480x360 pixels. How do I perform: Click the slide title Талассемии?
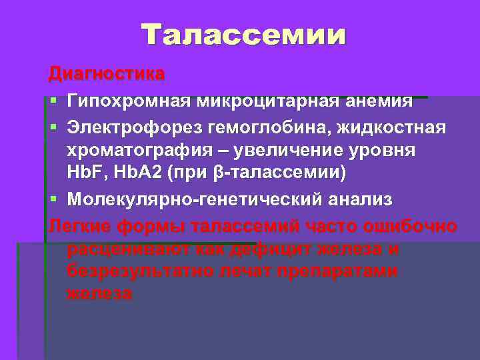tap(244, 35)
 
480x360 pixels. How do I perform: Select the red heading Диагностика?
tap(106, 73)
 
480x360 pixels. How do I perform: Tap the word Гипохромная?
tap(127, 101)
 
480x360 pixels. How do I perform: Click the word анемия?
tap(378, 101)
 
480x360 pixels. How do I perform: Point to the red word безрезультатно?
tap(143, 271)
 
